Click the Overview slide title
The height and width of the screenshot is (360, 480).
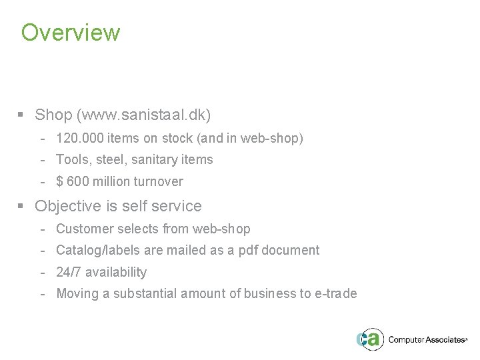point(71,33)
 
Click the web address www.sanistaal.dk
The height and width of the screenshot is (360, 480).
point(144,115)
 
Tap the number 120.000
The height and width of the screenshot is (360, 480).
point(76,139)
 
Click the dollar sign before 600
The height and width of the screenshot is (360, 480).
point(59,181)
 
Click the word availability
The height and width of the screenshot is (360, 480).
point(116,272)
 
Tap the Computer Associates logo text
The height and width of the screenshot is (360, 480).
point(427,340)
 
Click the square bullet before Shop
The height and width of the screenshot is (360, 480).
point(21,115)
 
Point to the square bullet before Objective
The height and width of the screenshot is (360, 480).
point(21,207)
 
